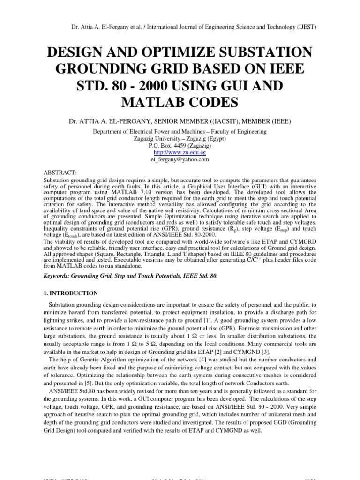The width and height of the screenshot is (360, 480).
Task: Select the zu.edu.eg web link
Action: point(180,153)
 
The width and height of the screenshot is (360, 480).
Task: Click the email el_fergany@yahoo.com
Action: point(180,159)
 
